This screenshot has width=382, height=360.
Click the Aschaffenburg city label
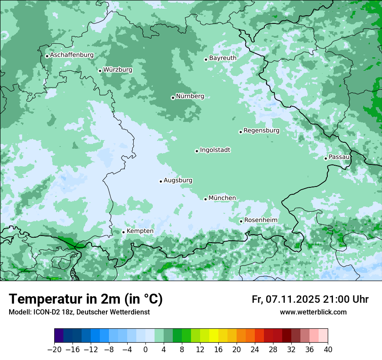[72, 55]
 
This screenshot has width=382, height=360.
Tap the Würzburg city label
[118, 70]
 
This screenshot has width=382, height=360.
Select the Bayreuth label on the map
[223, 58]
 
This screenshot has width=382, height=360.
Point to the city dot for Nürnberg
[173, 98]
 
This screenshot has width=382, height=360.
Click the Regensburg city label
[261, 131]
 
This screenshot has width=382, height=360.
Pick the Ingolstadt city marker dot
[197, 151]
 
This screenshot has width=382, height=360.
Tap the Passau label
[339, 157]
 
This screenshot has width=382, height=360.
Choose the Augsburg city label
[178, 180]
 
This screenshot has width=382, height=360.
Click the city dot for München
[205, 199]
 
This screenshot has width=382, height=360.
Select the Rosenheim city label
[260, 220]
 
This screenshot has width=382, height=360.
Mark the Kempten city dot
[123, 232]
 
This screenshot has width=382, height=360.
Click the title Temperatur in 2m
[86, 299]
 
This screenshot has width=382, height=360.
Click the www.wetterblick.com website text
[313, 312]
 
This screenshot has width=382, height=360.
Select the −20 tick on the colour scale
[54, 350]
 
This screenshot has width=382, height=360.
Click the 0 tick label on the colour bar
[145, 350]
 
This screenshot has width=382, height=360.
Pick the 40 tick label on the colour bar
[328, 350]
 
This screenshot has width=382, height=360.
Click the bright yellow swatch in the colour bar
[214, 336]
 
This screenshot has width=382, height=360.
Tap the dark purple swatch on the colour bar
[59, 336]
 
